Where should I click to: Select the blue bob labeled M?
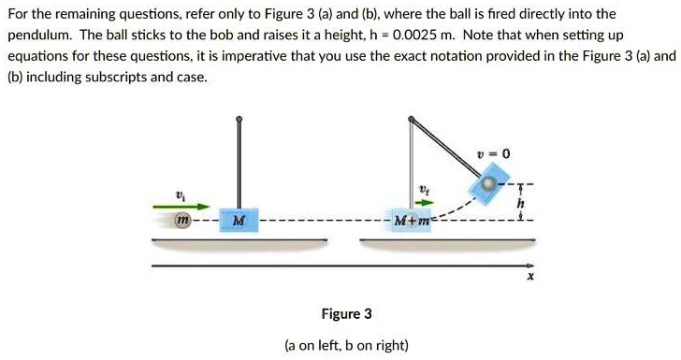[x=239, y=222]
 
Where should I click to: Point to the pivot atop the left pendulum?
[x=239, y=120]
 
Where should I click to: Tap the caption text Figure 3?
[x=345, y=313]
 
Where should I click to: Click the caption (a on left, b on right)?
[x=346, y=345]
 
